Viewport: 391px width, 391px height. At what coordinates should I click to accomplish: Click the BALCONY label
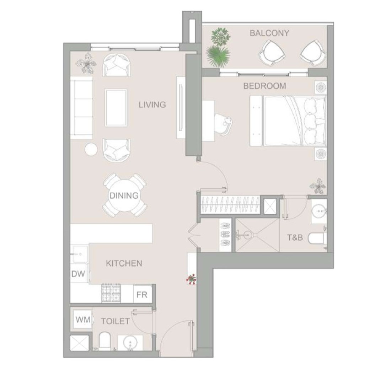click(269, 33)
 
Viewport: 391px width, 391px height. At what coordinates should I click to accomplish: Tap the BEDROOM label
click(264, 86)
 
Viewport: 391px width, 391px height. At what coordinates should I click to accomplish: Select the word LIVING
click(152, 105)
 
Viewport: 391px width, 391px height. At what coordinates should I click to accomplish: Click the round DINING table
click(124, 195)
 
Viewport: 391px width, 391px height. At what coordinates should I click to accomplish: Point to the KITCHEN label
click(124, 263)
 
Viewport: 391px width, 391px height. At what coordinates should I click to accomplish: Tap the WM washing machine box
click(83, 319)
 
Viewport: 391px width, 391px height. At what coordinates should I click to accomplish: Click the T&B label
click(295, 237)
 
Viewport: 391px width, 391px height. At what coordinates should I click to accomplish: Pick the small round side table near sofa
click(91, 149)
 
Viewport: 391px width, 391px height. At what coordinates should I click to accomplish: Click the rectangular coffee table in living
click(116, 107)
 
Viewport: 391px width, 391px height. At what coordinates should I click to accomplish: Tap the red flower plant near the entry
click(192, 279)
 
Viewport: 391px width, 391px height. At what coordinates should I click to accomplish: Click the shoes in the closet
click(225, 234)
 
